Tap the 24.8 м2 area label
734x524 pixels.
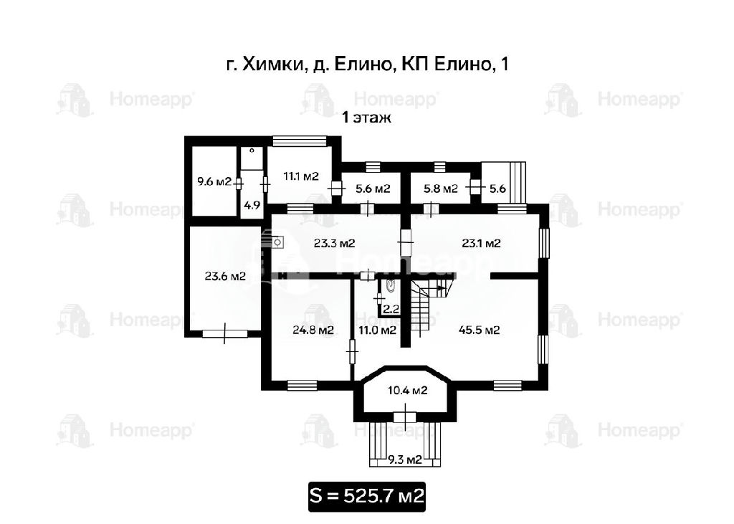313,330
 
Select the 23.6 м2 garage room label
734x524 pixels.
225,276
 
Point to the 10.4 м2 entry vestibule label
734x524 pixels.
408,390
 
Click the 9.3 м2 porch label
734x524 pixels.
405,459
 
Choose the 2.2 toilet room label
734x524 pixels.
391,309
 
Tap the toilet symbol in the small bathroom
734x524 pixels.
391,285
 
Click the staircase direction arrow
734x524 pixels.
441,287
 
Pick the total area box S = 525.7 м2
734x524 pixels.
366,496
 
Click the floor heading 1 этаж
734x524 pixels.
366,117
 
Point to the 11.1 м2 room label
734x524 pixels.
301,176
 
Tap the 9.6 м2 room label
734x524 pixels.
214,181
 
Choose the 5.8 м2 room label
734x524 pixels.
441,189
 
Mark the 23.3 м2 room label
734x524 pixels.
334,244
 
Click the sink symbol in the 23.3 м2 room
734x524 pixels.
277,242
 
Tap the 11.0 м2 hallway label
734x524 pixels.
377,330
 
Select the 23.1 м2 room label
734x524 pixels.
481,244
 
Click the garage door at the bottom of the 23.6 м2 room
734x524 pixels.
224,333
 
